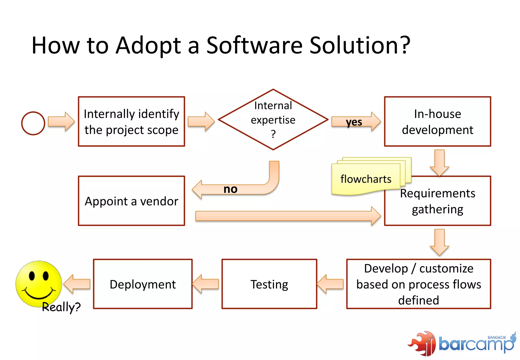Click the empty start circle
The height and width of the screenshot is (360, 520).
tap(33, 123)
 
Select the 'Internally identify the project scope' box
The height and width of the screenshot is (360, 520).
tap(132, 122)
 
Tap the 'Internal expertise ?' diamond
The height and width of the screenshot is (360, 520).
tap(273, 120)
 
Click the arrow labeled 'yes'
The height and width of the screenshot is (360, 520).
tap(355, 122)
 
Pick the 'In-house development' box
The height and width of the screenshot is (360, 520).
tap(437, 122)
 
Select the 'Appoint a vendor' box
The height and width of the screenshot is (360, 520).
tap(132, 201)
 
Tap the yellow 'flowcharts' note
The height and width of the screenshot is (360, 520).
tap(366, 179)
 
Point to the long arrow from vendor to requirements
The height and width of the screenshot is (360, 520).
tap(287, 216)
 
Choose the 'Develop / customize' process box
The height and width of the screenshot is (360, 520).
tap(418, 284)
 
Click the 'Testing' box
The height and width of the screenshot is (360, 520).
tap(269, 284)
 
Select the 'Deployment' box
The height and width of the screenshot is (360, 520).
tap(143, 284)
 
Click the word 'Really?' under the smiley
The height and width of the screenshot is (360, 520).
tap(61, 307)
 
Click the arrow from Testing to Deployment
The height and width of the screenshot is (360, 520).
tap(206, 284)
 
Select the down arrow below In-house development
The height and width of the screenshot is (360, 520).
tap(439, 162)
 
